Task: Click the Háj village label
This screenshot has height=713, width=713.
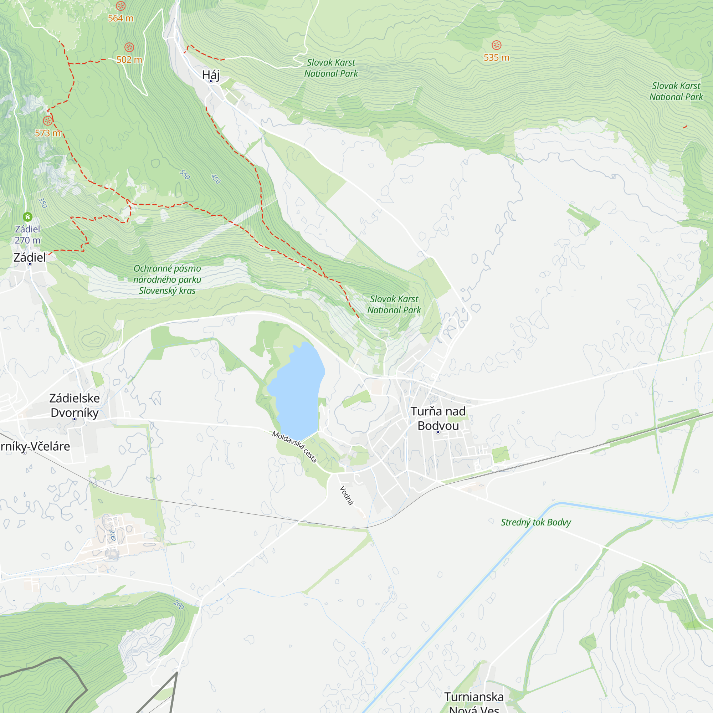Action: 211,75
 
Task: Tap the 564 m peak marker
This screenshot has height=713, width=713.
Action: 121,6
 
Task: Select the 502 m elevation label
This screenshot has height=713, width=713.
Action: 129,60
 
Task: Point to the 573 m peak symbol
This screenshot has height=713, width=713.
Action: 48,121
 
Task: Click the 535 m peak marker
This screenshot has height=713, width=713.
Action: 496,45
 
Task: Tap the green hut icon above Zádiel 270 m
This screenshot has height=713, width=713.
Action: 28,217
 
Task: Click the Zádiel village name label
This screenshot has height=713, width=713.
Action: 30,257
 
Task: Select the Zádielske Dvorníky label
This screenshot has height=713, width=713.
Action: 75,405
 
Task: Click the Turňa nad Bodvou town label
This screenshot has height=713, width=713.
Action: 438,418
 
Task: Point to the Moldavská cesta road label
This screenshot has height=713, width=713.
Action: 294,447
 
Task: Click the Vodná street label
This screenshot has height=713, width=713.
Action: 347,495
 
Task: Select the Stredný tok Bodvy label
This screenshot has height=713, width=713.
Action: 535,522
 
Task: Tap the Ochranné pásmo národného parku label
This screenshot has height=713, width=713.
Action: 167,279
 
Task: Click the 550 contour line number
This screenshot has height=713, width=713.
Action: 185,175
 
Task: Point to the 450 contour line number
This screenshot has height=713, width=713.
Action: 216,179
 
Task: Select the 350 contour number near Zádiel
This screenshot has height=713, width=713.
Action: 43,203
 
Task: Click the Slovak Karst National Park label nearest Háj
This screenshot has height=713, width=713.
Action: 331,68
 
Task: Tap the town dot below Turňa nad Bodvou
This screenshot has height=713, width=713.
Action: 438,432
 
